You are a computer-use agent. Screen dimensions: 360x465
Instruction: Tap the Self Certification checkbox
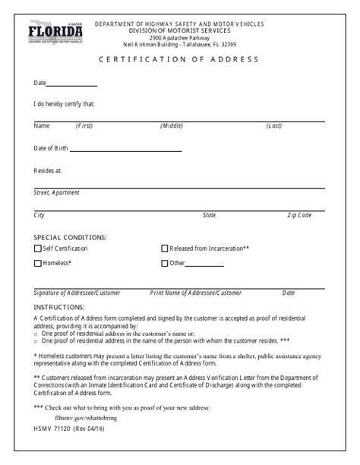(38, 248)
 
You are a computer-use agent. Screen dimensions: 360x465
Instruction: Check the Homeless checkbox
(38, 264)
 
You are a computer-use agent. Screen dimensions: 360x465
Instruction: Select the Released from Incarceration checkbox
(165, 248)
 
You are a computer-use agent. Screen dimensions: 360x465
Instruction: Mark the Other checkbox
(165, 264)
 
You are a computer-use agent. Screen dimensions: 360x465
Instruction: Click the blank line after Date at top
(72, 85)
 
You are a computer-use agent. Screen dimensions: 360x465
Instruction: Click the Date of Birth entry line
(125, 150)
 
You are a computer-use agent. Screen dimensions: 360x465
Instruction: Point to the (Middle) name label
(172, 125)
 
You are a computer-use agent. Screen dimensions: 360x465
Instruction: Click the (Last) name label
(273, 125)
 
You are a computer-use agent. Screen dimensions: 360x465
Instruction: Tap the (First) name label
(84, 125)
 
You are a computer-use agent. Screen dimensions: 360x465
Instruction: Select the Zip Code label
(298, 215)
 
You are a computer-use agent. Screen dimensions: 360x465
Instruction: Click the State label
(209, 215)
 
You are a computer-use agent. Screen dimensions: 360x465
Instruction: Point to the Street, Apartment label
(57, 192)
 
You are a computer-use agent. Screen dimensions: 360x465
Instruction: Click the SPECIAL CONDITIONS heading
(70, 238)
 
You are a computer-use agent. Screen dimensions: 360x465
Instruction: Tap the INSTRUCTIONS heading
(58, 306)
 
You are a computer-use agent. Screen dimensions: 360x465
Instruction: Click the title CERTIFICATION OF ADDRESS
(179, 59)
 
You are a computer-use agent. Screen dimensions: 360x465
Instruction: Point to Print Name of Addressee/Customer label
(196, 293)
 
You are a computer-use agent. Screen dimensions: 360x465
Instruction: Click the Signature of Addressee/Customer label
(77, 293)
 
